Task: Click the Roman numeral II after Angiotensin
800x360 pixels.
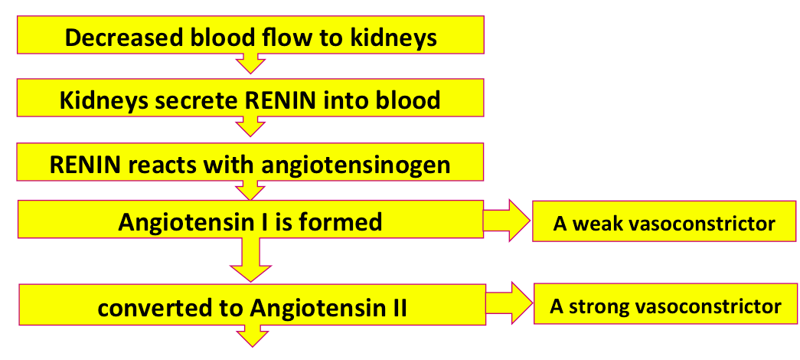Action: click(398, 309)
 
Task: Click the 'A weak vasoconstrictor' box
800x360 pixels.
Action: click(664, 221)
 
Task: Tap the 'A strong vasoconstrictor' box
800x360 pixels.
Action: click(665, 304)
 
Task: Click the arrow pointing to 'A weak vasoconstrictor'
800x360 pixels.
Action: click(507, 221)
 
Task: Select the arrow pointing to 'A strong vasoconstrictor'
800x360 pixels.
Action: click(508, 303)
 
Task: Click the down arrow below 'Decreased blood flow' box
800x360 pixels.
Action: click(250, 64)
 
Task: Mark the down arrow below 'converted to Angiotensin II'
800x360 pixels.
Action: click(252, 336)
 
